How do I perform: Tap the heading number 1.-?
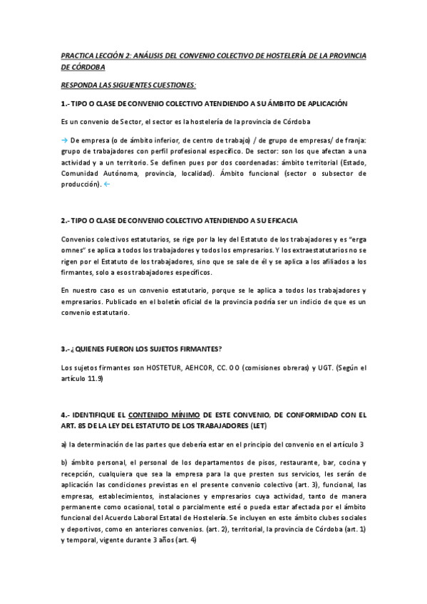(x=66, y=103)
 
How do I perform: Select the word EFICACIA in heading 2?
(x=280, y=221)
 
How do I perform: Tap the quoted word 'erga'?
(x=356, y=239)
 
